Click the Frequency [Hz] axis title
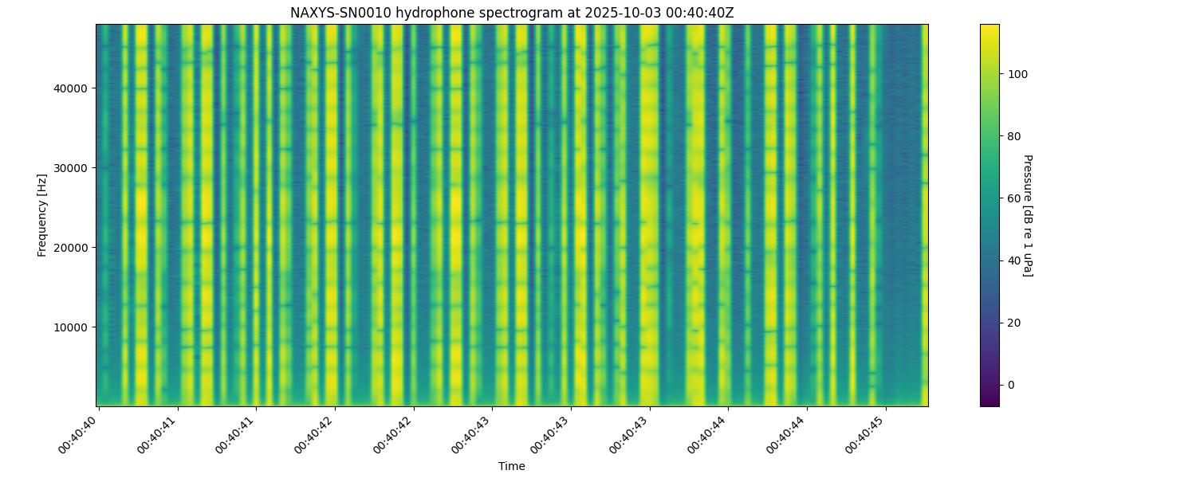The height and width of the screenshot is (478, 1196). tap(42, 214)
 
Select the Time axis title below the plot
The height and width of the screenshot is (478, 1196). tap(512, 466)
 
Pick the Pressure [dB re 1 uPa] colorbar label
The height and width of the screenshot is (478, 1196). tap(1027, 214)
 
